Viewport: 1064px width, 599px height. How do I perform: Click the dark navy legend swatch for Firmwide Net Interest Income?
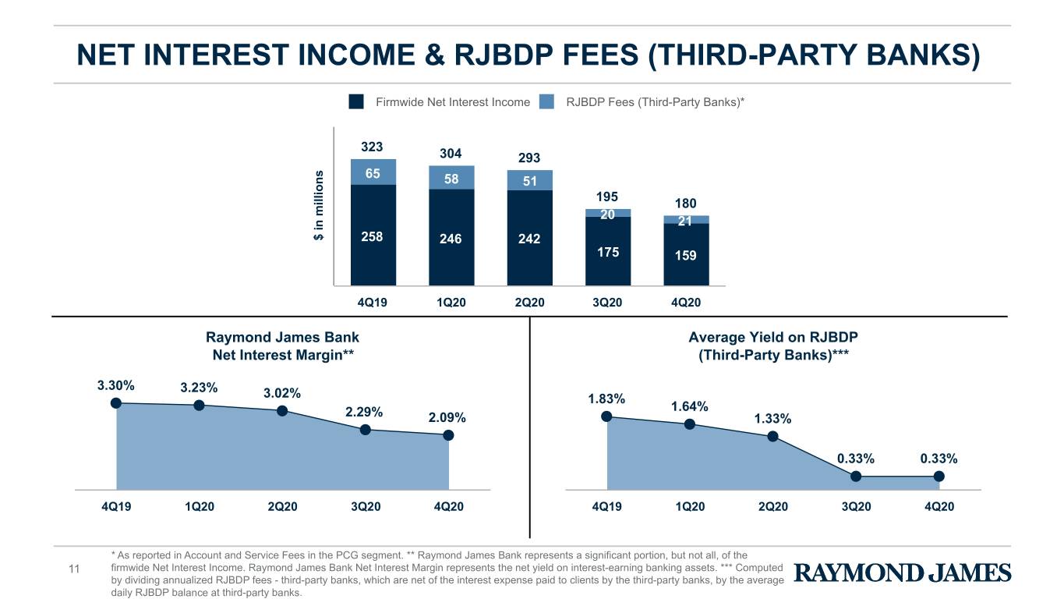(355, 101)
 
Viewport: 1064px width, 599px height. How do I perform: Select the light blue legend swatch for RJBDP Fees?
(546, 101)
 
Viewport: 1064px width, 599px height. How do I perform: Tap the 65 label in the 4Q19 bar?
(373, 173)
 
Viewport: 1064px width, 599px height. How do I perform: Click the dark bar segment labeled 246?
(451, 237)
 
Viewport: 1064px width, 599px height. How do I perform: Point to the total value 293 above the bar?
(529, 158)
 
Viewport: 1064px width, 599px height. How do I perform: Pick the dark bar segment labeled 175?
(608, 251)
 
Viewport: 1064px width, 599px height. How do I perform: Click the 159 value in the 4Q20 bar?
(685, 256)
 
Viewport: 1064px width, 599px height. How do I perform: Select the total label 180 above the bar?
(685, 204)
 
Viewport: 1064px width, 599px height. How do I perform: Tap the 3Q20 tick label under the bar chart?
(607, 303)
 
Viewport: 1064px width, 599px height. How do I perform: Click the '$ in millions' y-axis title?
(319, 205)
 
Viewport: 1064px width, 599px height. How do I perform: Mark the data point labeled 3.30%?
(116, 403)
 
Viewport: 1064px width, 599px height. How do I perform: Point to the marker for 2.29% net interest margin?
(366, 430)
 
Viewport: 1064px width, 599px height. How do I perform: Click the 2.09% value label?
(447, 417)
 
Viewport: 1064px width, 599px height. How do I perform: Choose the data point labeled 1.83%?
(606, 416)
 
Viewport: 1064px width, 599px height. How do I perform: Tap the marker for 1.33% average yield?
(772, 436)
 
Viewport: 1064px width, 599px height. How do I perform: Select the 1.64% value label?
(689, 406)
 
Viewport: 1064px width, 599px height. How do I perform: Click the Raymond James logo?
(903, 572)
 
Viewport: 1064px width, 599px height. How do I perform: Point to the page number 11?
(74, 569)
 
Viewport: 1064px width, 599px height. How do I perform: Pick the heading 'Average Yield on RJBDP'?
(773, 337)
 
